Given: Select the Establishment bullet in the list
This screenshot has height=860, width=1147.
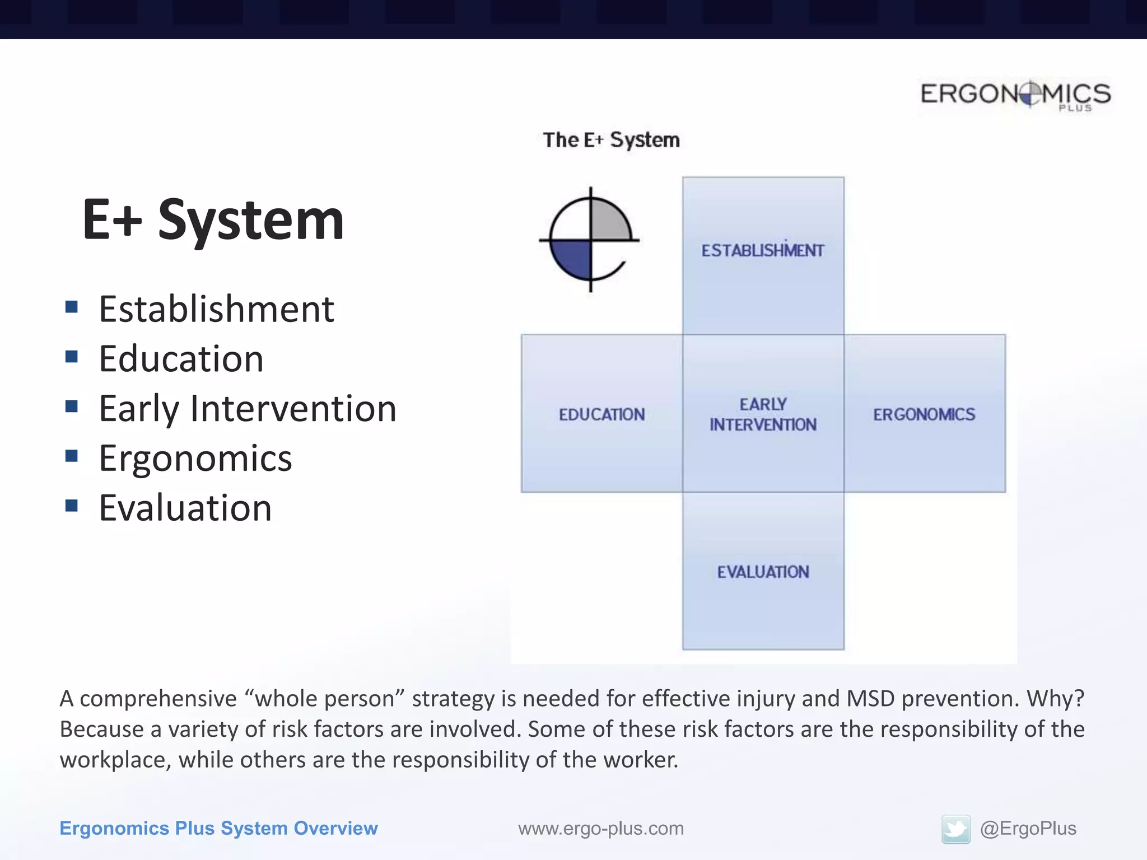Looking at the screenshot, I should coord(216,309).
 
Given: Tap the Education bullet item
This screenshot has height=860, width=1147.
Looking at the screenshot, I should coord(181,359).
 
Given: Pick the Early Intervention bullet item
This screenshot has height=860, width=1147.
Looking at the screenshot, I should coord(248,409).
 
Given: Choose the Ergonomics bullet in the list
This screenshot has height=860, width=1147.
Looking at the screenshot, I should coord(195,459).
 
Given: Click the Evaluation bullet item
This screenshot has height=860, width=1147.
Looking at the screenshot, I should coord(185,508).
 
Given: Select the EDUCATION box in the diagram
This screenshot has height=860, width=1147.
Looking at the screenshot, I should coord(602,414).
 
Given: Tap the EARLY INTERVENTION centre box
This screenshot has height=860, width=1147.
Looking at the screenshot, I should coord(763,414).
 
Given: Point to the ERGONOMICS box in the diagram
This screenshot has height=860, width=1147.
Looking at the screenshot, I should coord(924,414).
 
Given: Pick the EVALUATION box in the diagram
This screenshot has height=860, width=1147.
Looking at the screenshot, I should coord(763,572).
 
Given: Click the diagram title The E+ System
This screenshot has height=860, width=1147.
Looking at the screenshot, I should coord(611,139).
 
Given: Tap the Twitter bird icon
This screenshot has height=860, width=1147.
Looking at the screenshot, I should coord(955,829).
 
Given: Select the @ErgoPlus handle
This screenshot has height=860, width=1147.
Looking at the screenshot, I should coord(1028,829).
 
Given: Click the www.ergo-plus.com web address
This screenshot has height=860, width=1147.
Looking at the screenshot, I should coord(600,829).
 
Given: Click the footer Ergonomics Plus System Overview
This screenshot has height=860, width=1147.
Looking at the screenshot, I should coord(218,829).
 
